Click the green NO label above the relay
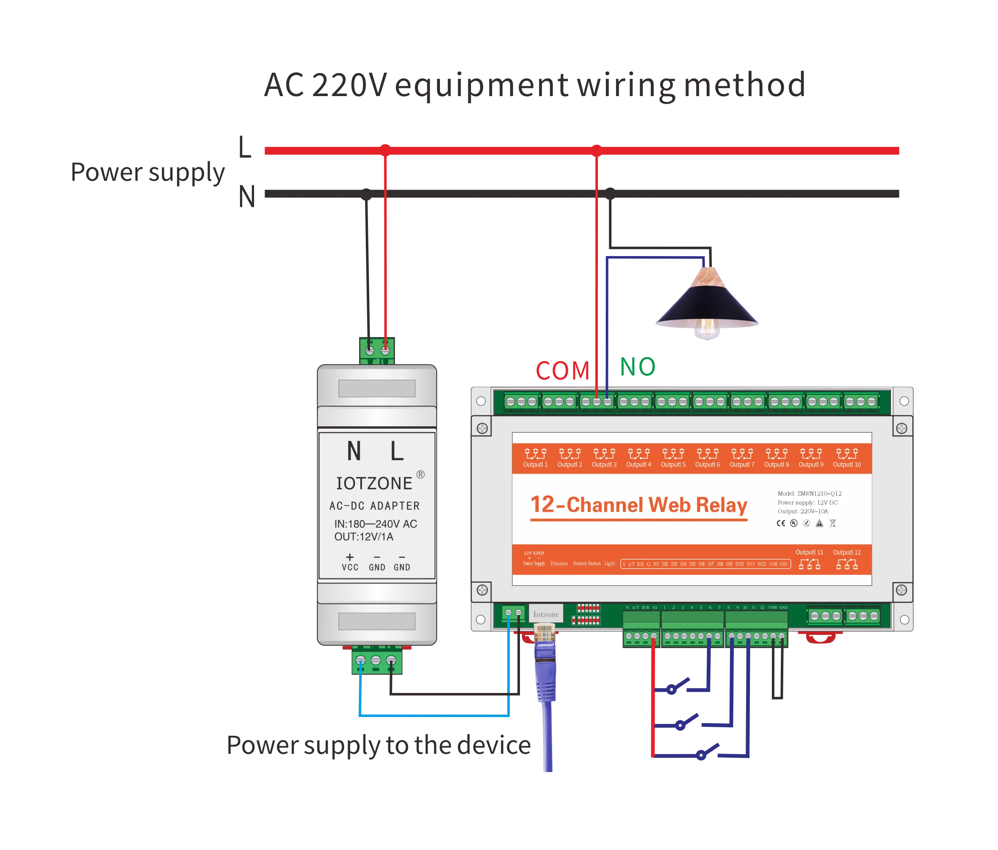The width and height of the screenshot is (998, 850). tap(638, 367)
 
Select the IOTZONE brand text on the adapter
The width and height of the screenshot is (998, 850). tap(374, 483)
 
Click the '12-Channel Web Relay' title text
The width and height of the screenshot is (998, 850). tap(639, 505)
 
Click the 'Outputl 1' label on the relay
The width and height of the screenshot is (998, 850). tap(535, 465)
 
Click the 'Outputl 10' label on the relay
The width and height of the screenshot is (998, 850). tap(847, 465)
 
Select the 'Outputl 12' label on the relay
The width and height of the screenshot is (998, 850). tap(847, 552)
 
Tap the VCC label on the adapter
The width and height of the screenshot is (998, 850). tap(350, 567)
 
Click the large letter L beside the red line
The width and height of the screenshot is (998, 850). tap(245, 147)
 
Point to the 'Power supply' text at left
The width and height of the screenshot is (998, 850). tap(148, 174)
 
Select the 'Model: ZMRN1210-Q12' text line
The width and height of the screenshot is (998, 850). tap(810, 494)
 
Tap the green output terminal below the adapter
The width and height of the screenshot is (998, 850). tap(376, 661)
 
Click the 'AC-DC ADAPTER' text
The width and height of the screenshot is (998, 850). tap(374, 506)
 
